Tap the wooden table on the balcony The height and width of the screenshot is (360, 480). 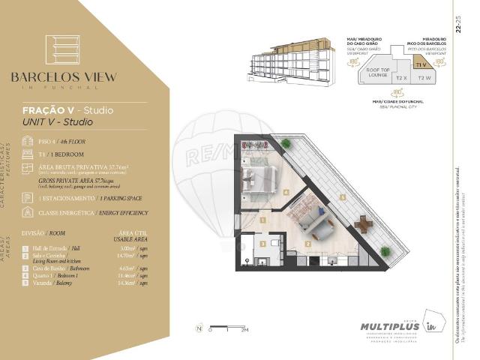pyautogui.click(x=364, y=224)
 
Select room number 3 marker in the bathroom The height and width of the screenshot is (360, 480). pyautogui.click(x=262, y=244)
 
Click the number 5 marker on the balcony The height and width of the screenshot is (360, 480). pyautogui.click(x=343, y=197)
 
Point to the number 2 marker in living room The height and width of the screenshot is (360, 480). pyautogui.click(x=308, y=244)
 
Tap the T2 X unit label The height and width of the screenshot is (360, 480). pyautogui.click(x=401, y=77)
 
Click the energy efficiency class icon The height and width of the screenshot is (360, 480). pyautogui.click(x=27, y=212)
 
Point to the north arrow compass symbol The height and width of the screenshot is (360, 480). pyautogui.click(x=199, y=328)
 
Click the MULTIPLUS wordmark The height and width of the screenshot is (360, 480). pyautogui.click(x=385, y=327)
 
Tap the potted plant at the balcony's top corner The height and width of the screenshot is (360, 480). pyautogui.click(x=286, y=142)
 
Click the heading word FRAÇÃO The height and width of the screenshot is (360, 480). pyautogui.click(x=48, y=110)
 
